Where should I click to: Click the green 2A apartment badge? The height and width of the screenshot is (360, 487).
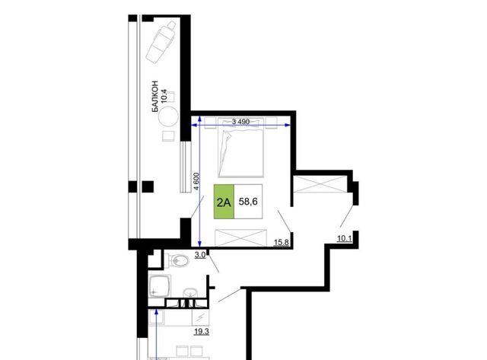click(x=224, y=202)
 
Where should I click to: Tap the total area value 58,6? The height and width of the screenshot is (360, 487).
click(x=248, y=202)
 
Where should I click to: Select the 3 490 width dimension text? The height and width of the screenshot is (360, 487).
click(x=240, y=122)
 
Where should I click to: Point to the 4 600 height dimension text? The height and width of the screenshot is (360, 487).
click(x=196, y=183)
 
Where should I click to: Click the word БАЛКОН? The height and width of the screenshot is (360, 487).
click(x=154, y=97)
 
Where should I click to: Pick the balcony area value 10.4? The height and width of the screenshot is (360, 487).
click(x=164, y=96)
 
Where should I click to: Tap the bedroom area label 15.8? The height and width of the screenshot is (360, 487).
click(x=281, y=242)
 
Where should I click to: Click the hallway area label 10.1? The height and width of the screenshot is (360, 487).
click(x=345, y=238)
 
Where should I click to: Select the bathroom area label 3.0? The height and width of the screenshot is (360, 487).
click(x=200, y=255)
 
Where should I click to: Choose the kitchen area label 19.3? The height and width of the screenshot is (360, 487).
click(x=201, y=331)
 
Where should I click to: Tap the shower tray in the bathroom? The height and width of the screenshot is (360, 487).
click(x=159, y=285)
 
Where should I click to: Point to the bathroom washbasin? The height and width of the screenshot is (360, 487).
click(x=189, y=293)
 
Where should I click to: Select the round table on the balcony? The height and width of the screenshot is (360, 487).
click(x=168, y=116)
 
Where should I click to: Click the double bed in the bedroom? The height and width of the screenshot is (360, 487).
click(x=241, y=147)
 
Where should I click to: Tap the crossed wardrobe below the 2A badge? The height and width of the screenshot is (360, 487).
click(x=240, y=237)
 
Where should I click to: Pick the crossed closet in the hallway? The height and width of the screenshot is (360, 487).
click(x=320, y=184)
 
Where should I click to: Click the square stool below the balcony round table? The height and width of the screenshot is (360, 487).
click(x=169, y=136)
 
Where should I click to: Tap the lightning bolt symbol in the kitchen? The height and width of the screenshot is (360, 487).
click(x=201, y=317)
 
